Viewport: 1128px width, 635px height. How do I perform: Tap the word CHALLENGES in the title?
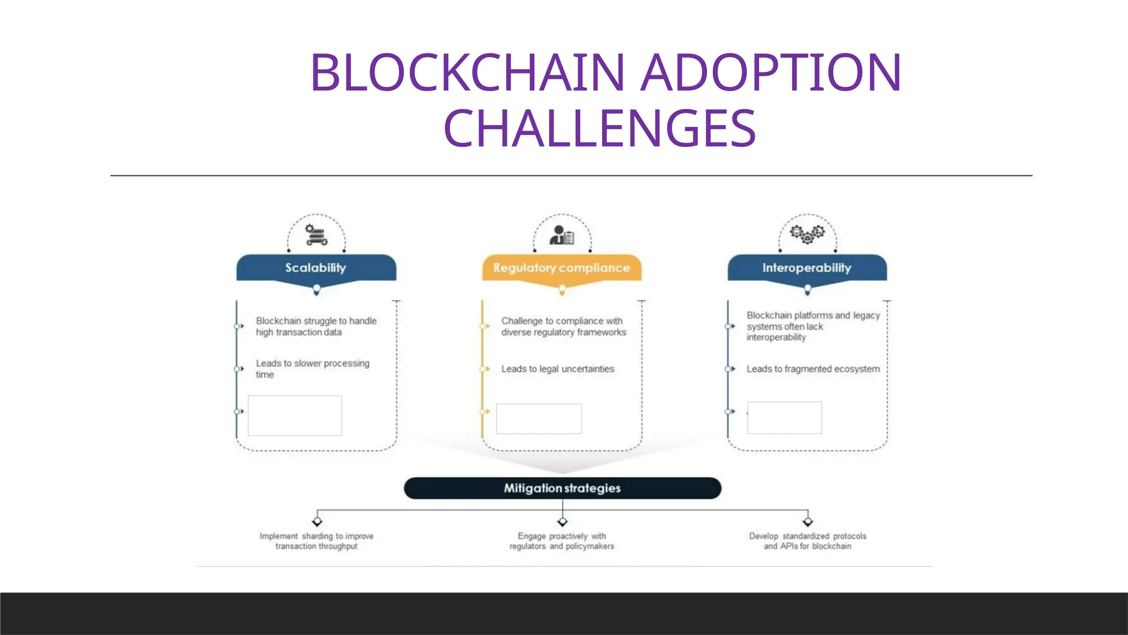click(x=599, y=128)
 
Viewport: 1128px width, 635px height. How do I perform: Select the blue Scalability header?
click(x=316, y=268)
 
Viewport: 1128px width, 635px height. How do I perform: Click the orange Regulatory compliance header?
click(x=561, y=268)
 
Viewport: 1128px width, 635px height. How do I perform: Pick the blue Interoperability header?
click(x=807, y=268)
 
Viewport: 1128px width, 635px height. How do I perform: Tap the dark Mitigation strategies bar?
click(x=562, y=488)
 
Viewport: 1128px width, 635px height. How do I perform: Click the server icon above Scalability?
click(x=316, y=235)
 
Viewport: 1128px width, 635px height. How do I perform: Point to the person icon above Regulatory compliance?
click(x=561, y=235)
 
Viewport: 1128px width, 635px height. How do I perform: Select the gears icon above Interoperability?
click(x=807, y=233)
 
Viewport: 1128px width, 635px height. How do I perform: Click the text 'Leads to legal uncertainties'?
click(x=557, y=369)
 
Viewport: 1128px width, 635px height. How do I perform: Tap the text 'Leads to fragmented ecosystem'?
click(x=813, y=369)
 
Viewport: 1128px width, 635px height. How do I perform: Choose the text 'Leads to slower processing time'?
click(x=312, y=369)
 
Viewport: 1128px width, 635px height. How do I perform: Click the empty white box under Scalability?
click(x=295, y=416)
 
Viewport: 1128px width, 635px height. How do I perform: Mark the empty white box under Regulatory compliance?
click(x=539, y=418)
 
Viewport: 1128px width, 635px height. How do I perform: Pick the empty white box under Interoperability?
click(x=784, y=417)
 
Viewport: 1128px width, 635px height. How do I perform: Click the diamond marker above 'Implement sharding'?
click(x=317, y=521)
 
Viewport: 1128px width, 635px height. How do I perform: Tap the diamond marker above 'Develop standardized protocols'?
click(x=807, y=521)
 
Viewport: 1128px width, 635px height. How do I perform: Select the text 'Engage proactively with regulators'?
click(x=562, y=541)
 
